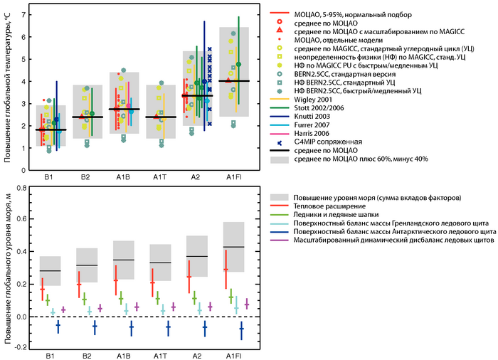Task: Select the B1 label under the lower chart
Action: [x=51, y=355]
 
